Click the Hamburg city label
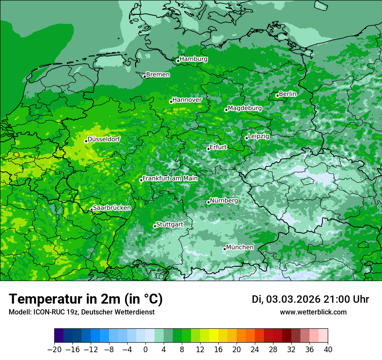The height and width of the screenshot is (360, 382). pyautogui.click(x=193, y=59)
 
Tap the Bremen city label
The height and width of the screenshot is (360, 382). pyautogui.click(x=158, y=75)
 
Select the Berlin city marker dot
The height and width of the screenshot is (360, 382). pyautogui.click(x=277, y=95)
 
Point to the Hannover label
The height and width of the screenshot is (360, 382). pyautogui.click(x=187, y=100)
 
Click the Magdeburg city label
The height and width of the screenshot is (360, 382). pyautogui.click(x=244, y=108)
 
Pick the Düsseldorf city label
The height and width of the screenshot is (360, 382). pyautogui.click(x=103, y=139)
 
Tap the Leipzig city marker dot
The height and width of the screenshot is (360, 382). pyautogui.click(x=247, y=138)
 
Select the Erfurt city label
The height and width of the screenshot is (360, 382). pyautogui.click(x=218, y=147)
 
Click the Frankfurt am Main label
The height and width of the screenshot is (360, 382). pyautogui.click(x=170, y=178)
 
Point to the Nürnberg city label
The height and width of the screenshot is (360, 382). pyautogui.click(x=224, y=201)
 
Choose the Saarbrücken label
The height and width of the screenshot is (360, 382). pyautogui.click(x=112, y=208)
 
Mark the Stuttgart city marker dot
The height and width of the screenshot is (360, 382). pyautogui.click(x=155, y=226)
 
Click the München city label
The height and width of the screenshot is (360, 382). pyautogui.click(x=240, y=247)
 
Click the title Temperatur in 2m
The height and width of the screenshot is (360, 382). pyautogui.click(x=86, y=299)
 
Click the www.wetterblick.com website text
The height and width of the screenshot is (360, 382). pyautogui.click(x=313, y=312)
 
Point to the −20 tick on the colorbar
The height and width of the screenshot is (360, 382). pyautogui.click(x=54, y=350)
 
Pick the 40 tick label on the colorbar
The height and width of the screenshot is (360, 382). pyautogui.click(x=328, y=350)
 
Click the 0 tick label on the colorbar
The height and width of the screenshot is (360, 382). pyautogui.click(x=145, y=350)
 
